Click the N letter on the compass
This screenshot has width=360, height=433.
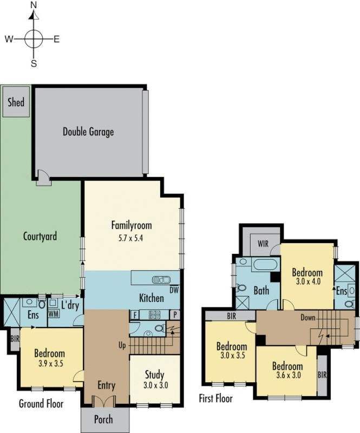[34, 5]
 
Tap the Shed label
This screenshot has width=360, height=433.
[16, 102]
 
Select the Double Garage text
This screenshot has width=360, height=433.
[88, 132]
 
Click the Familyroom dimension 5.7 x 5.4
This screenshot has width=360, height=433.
[131, 237]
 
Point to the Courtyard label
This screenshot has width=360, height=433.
[40, 237]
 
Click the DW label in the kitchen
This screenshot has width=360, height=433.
[174, 290]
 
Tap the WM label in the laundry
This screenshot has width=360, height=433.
[53, 313]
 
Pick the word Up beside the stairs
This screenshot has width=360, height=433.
[122, 344]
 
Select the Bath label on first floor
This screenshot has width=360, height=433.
[261, 291]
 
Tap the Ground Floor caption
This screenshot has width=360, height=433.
[41, 404]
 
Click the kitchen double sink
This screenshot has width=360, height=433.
[161, 280]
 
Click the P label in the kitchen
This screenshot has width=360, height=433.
[175, 314]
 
